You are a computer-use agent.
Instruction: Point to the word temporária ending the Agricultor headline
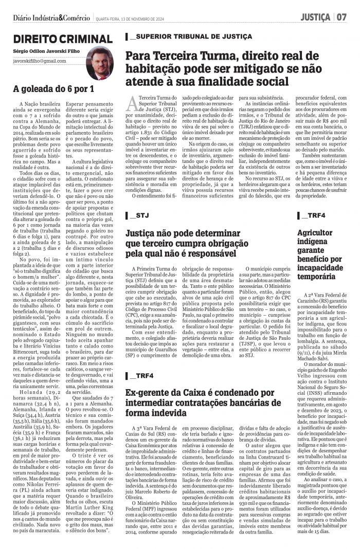(x=320, y=276)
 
